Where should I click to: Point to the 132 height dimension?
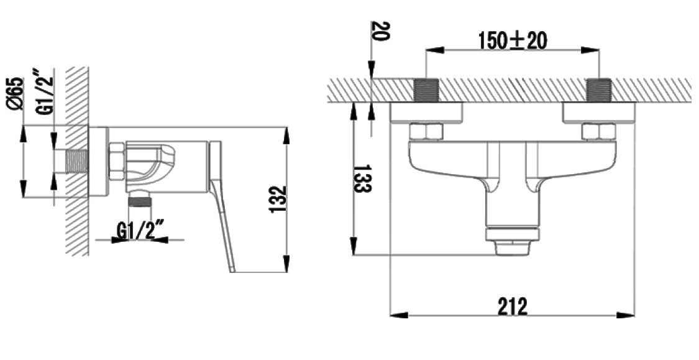(278, 199)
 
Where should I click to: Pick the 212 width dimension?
(512, 306)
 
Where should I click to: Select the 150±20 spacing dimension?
(513, 42)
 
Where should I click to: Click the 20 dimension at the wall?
(380, 31)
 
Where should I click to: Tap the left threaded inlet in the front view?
(426, 90)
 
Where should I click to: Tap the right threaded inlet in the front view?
(599, 90)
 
